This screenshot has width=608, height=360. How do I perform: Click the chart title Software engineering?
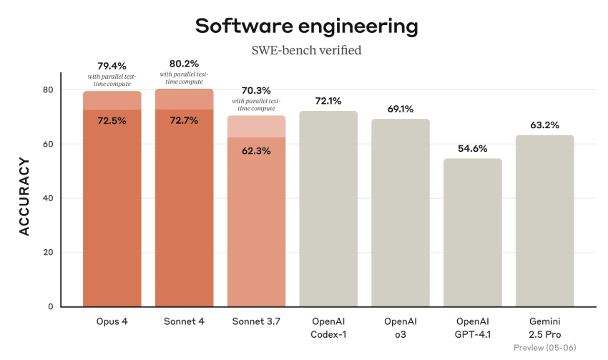306,26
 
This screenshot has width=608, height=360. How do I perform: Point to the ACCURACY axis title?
25,198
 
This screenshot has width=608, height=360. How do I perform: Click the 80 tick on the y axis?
48,90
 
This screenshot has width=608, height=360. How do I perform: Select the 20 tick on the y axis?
48,253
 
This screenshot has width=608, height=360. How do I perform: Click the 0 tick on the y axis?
51,306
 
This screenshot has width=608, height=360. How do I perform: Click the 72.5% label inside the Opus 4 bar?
112,121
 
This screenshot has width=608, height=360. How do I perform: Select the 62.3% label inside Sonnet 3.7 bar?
256,151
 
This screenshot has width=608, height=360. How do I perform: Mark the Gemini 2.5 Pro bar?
545,221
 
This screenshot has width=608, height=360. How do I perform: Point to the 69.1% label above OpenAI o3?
401,108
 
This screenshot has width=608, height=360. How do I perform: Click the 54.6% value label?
473,148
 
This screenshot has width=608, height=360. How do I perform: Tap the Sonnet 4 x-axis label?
184,321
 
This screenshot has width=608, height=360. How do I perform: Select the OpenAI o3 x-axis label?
401,328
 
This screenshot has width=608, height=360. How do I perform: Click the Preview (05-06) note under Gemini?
545,348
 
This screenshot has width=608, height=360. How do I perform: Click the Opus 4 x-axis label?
112,321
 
